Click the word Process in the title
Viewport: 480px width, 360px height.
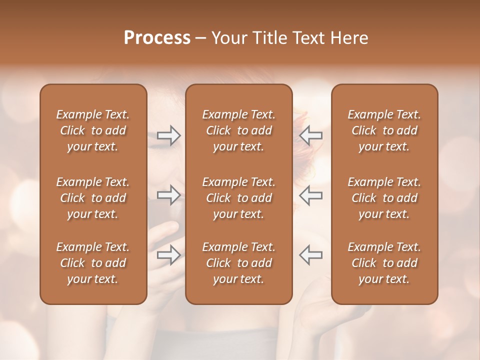[157, 38]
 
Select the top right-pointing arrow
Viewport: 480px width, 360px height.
[168, 135]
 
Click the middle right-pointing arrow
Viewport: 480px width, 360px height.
[168, 195]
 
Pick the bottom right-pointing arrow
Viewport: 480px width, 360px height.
[168, 255]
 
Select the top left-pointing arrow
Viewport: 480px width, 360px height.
[311, 135]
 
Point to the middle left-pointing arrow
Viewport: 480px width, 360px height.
[311, 195]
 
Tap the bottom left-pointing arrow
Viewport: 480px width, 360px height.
[311, 255]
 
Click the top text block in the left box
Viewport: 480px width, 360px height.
[93, 130]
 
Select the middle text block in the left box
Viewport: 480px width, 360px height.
[93, 198]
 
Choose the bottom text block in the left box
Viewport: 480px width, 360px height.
[93, 263]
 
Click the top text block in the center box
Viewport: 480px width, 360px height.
[239, 130]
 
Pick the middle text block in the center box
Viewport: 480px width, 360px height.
[239, 198]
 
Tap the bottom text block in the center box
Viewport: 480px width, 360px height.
[239, 263]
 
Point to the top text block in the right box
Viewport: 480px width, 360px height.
[384, 130]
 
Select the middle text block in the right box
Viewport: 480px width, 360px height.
[384, 198]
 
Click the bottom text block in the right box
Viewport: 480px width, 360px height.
[384, 263]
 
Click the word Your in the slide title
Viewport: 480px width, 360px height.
[229, 38]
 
